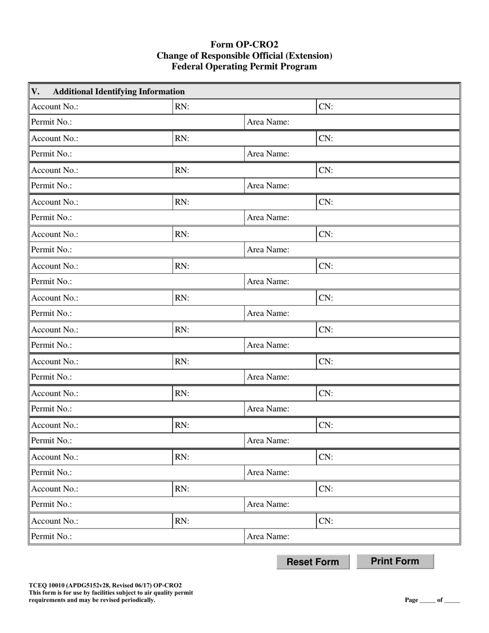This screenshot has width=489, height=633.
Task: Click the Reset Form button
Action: (312, 562)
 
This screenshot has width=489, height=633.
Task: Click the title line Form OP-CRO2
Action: (244, 45)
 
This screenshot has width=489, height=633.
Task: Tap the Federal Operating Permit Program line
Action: (244, 66)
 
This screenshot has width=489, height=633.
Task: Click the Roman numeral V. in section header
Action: (36, 92)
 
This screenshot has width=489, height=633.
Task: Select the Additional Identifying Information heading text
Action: (119, 92)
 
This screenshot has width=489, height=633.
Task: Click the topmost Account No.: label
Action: (55, 107)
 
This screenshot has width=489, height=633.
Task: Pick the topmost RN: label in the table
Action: (182, 107)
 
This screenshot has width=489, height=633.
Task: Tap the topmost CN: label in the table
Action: (326, 107)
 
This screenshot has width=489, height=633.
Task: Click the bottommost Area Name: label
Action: (268, 536)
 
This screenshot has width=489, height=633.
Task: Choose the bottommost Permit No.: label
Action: (51, 536)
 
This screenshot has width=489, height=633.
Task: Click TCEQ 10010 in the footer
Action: (47, 585)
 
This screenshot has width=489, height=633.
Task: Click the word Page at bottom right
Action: (411, 600)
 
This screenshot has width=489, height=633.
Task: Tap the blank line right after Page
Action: (427, 601)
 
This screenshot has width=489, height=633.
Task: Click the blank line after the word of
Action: (452, 601)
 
